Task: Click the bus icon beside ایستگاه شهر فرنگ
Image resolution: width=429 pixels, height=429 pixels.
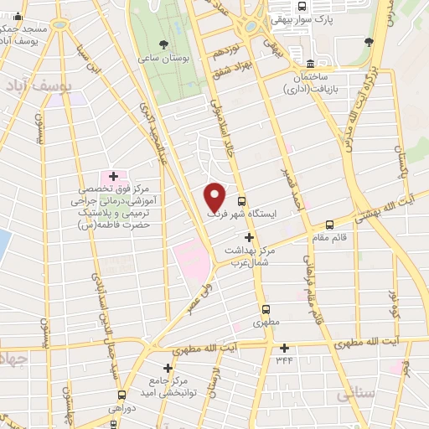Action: coord(241,201)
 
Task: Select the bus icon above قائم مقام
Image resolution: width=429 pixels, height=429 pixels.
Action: coord(329,224)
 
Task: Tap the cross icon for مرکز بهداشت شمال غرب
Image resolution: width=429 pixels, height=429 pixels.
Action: coord(248,238)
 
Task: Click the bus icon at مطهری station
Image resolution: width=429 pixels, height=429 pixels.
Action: coord(266,308)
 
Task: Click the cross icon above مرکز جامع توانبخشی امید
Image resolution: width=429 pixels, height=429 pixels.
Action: coord(168,367)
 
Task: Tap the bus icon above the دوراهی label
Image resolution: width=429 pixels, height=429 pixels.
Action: coord(122,395)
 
